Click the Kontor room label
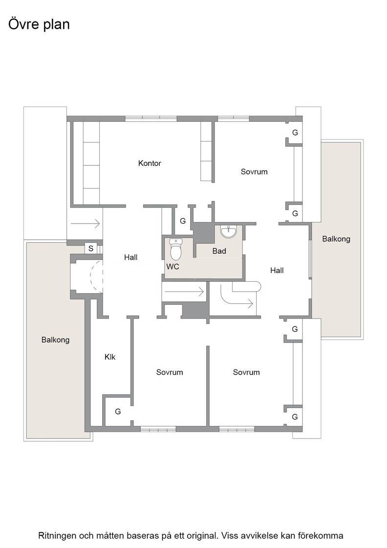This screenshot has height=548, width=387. pyautogui.click(x=150, y=163)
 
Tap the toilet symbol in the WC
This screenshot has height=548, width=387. pyautogui.click(x=176, y=249)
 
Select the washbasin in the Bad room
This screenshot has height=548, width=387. pyautogui.click(x=229, y=231)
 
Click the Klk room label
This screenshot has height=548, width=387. pyautogui.click(x=110, y=357)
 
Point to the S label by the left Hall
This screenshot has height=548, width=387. pyautogui.click(x=91, y=249)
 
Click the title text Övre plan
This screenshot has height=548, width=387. pyautogui.click(x=39, y=24)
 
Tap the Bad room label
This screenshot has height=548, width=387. pyautogui.click(x=219, y=251)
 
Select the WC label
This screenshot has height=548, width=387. pyautogui.click(x=172, y=267)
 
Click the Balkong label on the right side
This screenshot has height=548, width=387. pyautogui.click(x=336, y=239)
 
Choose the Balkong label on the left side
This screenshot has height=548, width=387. pyautogui.click(x=56, y=340)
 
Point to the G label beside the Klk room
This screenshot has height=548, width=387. pyautogui.click(x=118, y=411)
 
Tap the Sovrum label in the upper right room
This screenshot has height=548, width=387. pyautogui.click(x=254, y=172)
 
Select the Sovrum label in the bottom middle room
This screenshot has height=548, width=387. pyautogui.click(x=170, y=372)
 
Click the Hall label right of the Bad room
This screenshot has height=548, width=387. pyautogui.click(x=277, y=270)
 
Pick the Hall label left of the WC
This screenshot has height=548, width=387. pyautogui.click(x=131, y=257)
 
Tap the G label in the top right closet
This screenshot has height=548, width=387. pyautogui.click(x=295, y=133)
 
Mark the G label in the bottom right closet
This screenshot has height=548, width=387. pyautogui.click(x=295, y=416)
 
